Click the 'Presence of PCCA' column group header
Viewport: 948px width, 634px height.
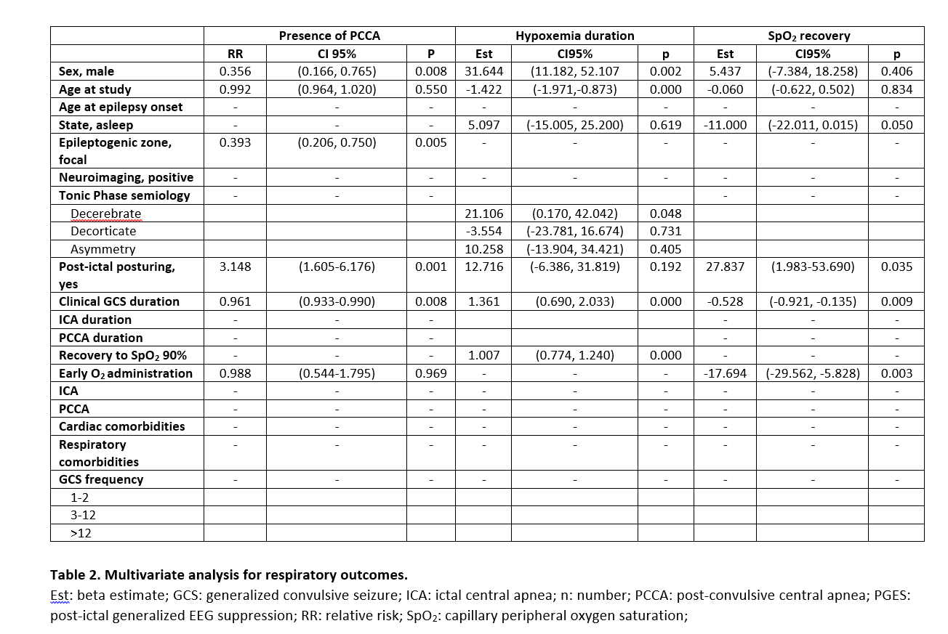[329, 36]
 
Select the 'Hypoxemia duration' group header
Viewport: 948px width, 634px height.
[574, 36]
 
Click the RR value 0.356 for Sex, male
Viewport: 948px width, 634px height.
[235, 71]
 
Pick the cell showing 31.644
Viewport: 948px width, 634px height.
[483, 71]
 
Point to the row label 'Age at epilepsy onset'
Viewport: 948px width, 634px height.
[121, 107]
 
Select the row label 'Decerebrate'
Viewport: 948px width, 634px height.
[106, 214]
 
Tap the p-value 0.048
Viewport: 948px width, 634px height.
[665, 214]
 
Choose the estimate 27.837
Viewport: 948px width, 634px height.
[725, 267]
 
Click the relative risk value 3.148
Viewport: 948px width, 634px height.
[235, 267]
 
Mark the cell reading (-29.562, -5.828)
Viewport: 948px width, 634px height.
[812, 373]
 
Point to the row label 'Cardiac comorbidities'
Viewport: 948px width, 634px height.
[121, 426]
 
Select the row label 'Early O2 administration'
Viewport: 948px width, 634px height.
[126, 373]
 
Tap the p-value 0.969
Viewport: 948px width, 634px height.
[430, 373]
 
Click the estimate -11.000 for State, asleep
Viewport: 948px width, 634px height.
[725, 125]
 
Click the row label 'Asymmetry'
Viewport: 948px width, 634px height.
[103, 249]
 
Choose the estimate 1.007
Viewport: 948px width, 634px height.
[483, 355]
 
